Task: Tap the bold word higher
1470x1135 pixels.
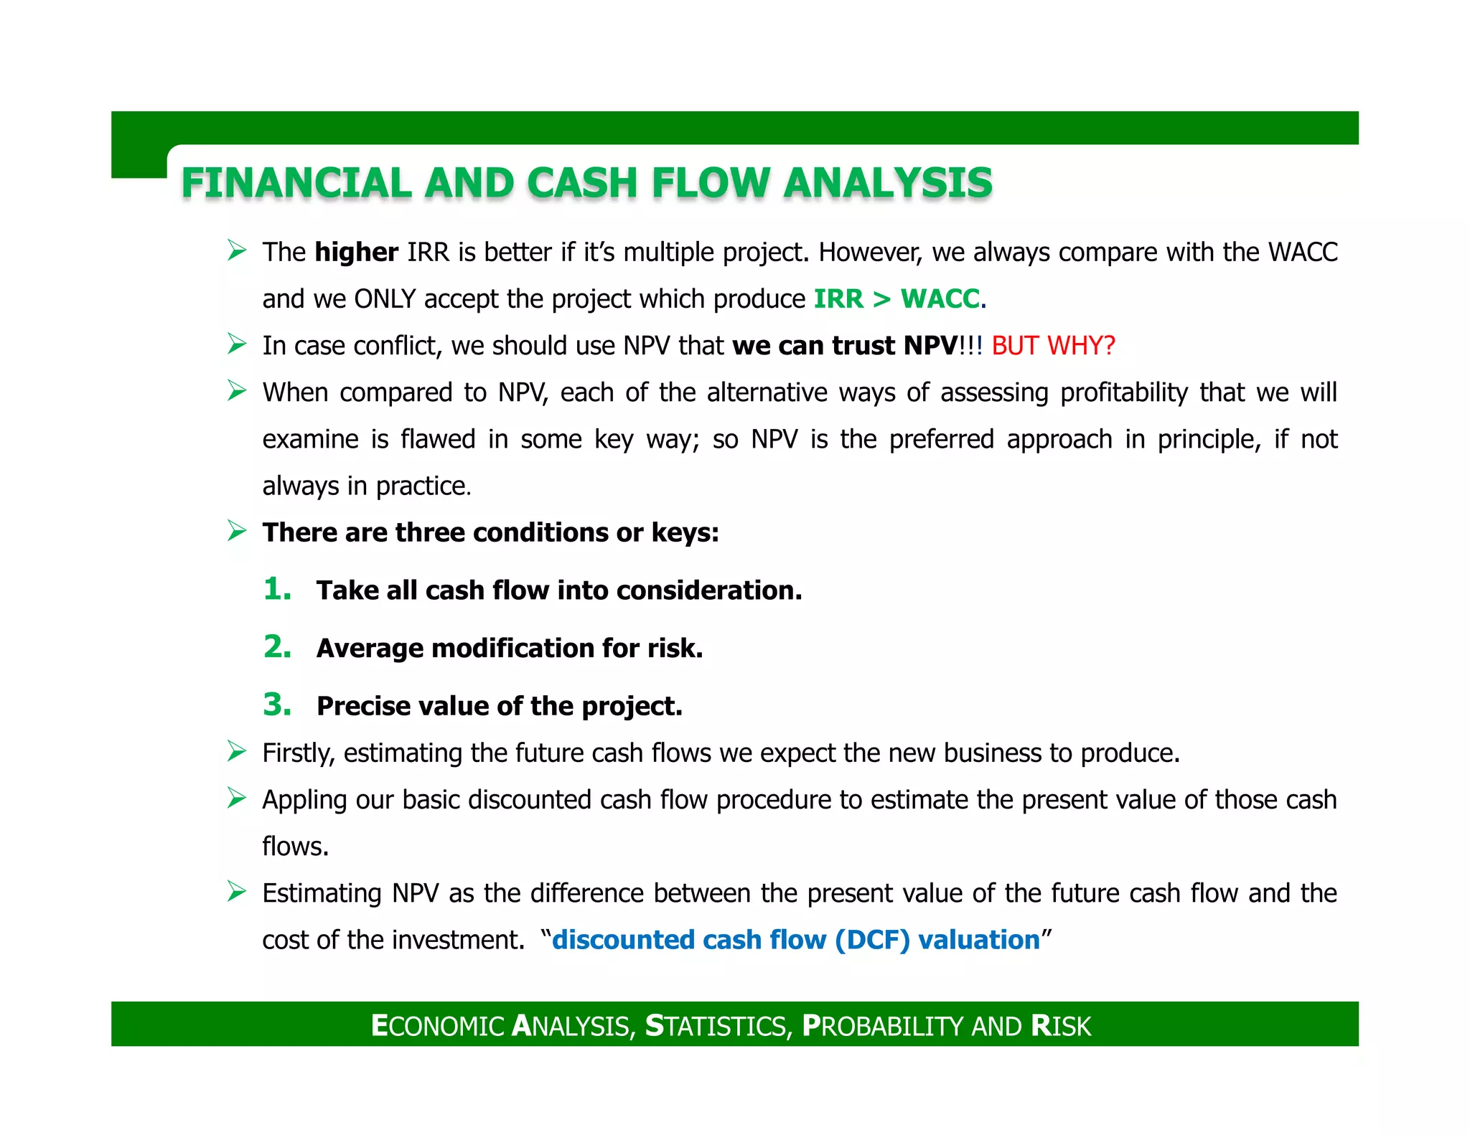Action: pos(356,253)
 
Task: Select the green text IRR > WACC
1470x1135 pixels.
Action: pos(896,298)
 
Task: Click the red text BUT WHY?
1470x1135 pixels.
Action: pos(1053,346)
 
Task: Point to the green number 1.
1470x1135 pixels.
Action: pos(276,589)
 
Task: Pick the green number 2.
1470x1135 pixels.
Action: pos(277,647)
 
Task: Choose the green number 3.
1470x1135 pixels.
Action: pos(277,705)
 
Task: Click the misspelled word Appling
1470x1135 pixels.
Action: pos(304,801)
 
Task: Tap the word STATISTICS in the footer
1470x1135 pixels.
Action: pos(718,1026)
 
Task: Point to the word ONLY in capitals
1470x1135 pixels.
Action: pos(385,299)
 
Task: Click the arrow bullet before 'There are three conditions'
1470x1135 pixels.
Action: pos(237,531)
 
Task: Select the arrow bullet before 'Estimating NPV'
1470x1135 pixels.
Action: pos(237,892)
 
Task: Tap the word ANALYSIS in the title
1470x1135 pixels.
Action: pos(888,183)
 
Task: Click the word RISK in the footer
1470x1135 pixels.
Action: pos(1061,1026)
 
